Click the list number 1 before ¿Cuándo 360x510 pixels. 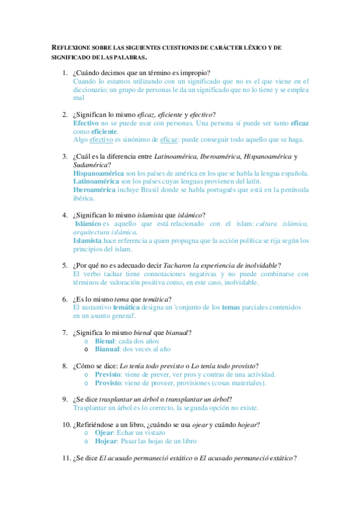pyautogui.click(x=64, y=73)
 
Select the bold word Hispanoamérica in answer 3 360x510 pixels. pyautogui.click(x=99, y=173)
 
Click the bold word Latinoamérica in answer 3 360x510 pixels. pyautogui.click(x=96, y=180)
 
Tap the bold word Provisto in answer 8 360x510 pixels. pyautogui.click(x=109, y=382)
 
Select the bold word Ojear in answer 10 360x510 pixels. pyautogui.click(x=105, y=432)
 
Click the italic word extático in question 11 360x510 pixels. pyautogui.click(x=278, y=458)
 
